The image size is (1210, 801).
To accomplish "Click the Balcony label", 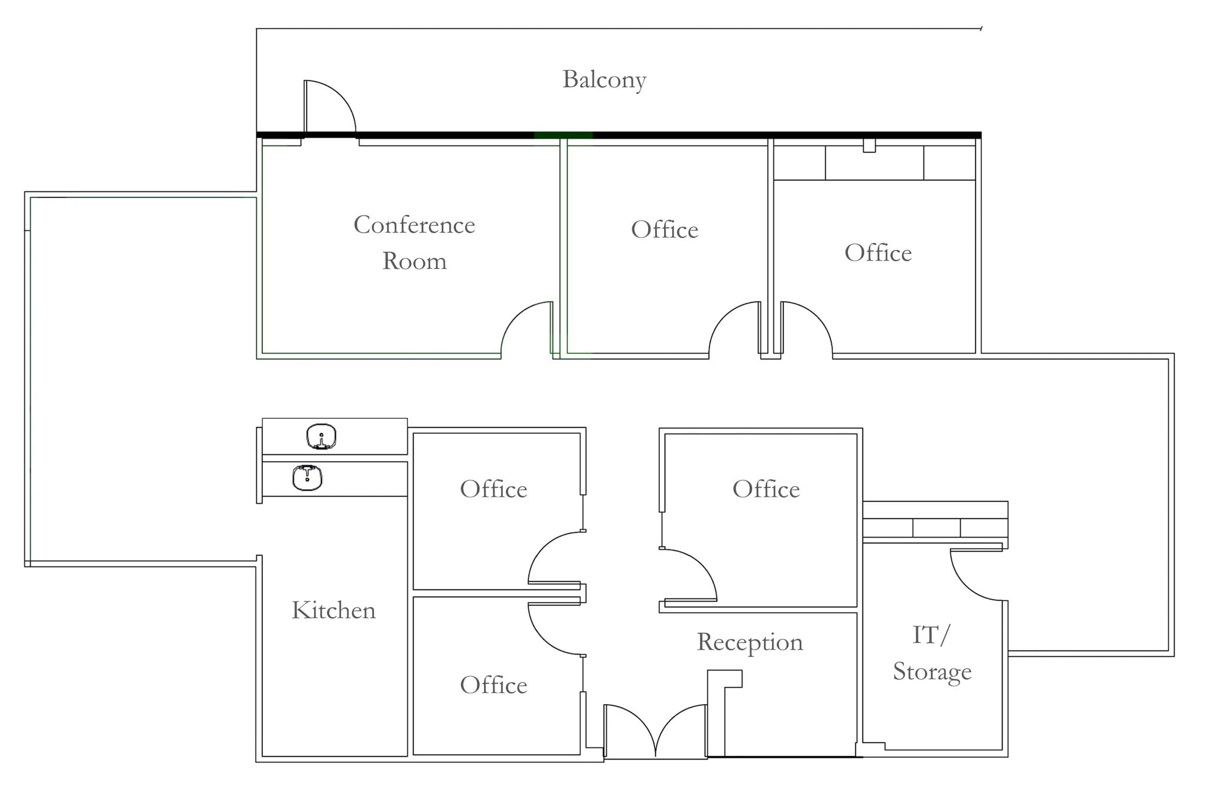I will tap(604, 80).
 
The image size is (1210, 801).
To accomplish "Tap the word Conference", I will tap(414, 225).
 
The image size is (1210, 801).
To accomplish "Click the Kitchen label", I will tap(333, 610).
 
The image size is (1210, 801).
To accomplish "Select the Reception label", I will tap(750, 642).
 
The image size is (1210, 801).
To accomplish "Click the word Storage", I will tap(932, 672).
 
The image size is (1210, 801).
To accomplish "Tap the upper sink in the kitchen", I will tap(321, 437).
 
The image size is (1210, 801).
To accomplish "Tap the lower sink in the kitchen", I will tap(307, 478).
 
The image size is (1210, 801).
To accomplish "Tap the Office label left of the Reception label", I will tap(493, 685).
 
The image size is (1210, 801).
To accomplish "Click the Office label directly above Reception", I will tap(766, 489).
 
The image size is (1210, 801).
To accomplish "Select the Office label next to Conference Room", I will tap(664, 230).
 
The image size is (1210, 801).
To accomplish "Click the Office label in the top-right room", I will tap(877, 253).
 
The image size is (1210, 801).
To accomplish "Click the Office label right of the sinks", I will tap(493, 489).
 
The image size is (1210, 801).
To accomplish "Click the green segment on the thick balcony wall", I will tap(563, 135).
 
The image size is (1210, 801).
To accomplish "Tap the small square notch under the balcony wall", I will tap(869, 145).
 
